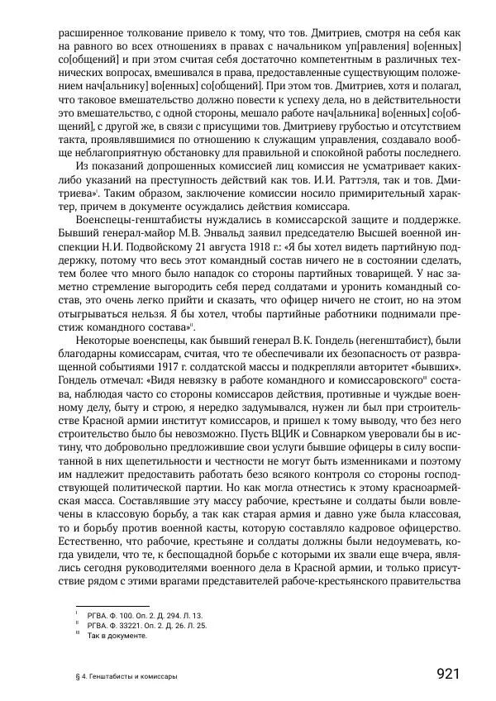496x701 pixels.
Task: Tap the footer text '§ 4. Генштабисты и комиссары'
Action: pyautogui.click(x=125, y=676)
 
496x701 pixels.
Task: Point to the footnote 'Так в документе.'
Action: pyautogui.click(x=117, y=637)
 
